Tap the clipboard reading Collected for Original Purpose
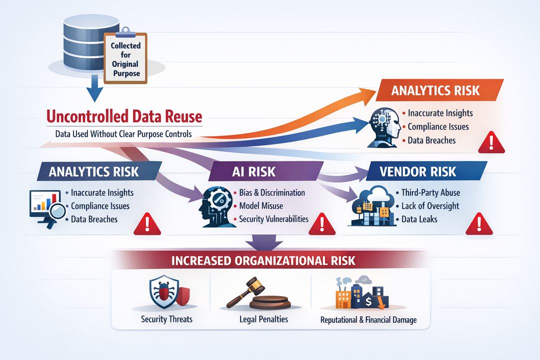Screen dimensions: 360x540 tap(125, 59)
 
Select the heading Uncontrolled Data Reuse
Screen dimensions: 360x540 tap(124, 117)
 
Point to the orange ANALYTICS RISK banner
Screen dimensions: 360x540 tap(435, 90)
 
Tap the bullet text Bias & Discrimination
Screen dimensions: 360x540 tap(272, 192)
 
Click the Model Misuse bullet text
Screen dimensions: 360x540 tap(261, 205)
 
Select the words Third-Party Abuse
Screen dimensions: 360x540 tap(430, 192)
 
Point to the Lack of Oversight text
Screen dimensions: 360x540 tap(430, 205)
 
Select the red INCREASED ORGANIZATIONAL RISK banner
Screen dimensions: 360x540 tap(263, 260)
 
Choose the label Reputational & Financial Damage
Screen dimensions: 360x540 tap(368, 319)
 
